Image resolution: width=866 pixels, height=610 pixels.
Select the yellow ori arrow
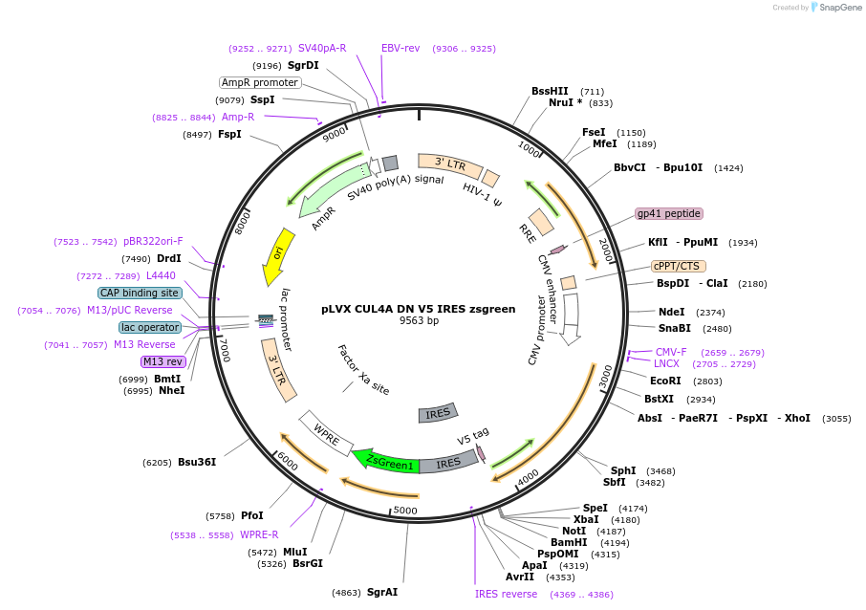coord(278,255)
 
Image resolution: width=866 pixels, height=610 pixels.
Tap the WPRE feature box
coord(326,434)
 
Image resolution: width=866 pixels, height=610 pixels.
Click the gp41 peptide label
coord(669,213)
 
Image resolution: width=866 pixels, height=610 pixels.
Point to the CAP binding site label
coord(140,293)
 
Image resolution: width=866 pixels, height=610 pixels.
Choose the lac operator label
coord(150,327)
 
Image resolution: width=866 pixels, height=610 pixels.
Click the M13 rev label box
coord(163,361)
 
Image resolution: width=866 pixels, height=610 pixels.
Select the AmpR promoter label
coord(260,82)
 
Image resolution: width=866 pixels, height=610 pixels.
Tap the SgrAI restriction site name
coord(382,592)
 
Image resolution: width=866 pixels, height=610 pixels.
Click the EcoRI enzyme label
coord(665,381)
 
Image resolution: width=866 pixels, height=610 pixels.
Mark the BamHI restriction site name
coord(569,542)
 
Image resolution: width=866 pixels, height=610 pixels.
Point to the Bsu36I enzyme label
coord(197,462)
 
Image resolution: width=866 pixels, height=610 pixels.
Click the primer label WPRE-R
coord(259,534)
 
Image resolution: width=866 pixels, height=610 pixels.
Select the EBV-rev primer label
coord(401,48)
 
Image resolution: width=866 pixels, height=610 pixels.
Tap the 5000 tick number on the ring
coord(405,511)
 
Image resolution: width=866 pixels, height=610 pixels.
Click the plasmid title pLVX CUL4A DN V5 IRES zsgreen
coord(419,309)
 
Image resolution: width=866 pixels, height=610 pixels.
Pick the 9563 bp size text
coord(420,320)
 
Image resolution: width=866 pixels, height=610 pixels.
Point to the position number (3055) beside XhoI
coord(836,418)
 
